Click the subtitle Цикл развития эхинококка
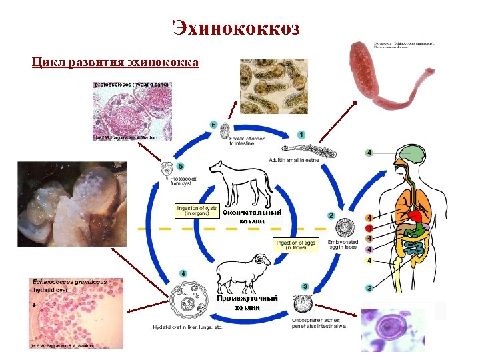[x=115, y=63]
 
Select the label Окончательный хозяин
[x=251, y=217]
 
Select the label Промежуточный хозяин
[x=247, y=303]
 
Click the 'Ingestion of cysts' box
[x=197, y=211]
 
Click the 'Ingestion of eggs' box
[x=296, y=245]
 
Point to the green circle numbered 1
[x=301, y=135]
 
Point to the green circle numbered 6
[x=213, y=125]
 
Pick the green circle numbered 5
[x=180, y=166]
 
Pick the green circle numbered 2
[x=331, y=215]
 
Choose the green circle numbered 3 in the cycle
[x=305, y=287]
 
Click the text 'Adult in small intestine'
[x=294, y=160]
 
